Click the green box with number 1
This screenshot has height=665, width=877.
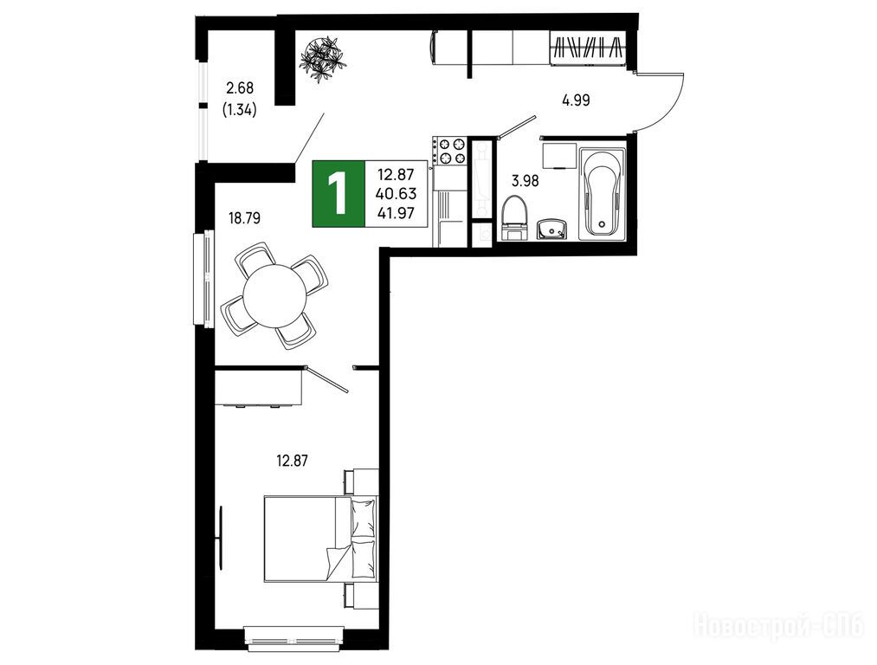tap(339, 193)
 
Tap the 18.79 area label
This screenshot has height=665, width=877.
tap(244, 217)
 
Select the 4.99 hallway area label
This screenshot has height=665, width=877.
tap(576, 100)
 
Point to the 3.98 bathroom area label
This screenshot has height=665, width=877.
tap(526, 181)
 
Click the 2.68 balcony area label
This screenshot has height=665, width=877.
tap(240, 87)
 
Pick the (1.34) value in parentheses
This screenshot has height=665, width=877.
tap(240, 110)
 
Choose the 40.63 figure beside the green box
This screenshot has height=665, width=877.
tap(397, 193)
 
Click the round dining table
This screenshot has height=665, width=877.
tap(275, 295)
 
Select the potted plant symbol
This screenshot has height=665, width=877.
tap(323, 56)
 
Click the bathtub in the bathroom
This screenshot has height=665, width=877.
tap(602, 193)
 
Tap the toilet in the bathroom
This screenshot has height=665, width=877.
tap(514, 218)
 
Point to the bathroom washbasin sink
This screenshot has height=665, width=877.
tap(551, 229)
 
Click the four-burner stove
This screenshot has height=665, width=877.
tap(449, 151)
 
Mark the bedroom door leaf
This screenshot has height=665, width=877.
tap(327, 378)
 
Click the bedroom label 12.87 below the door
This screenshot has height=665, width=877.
tap(293, 461)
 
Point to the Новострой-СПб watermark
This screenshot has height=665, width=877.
tap(780, 625)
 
